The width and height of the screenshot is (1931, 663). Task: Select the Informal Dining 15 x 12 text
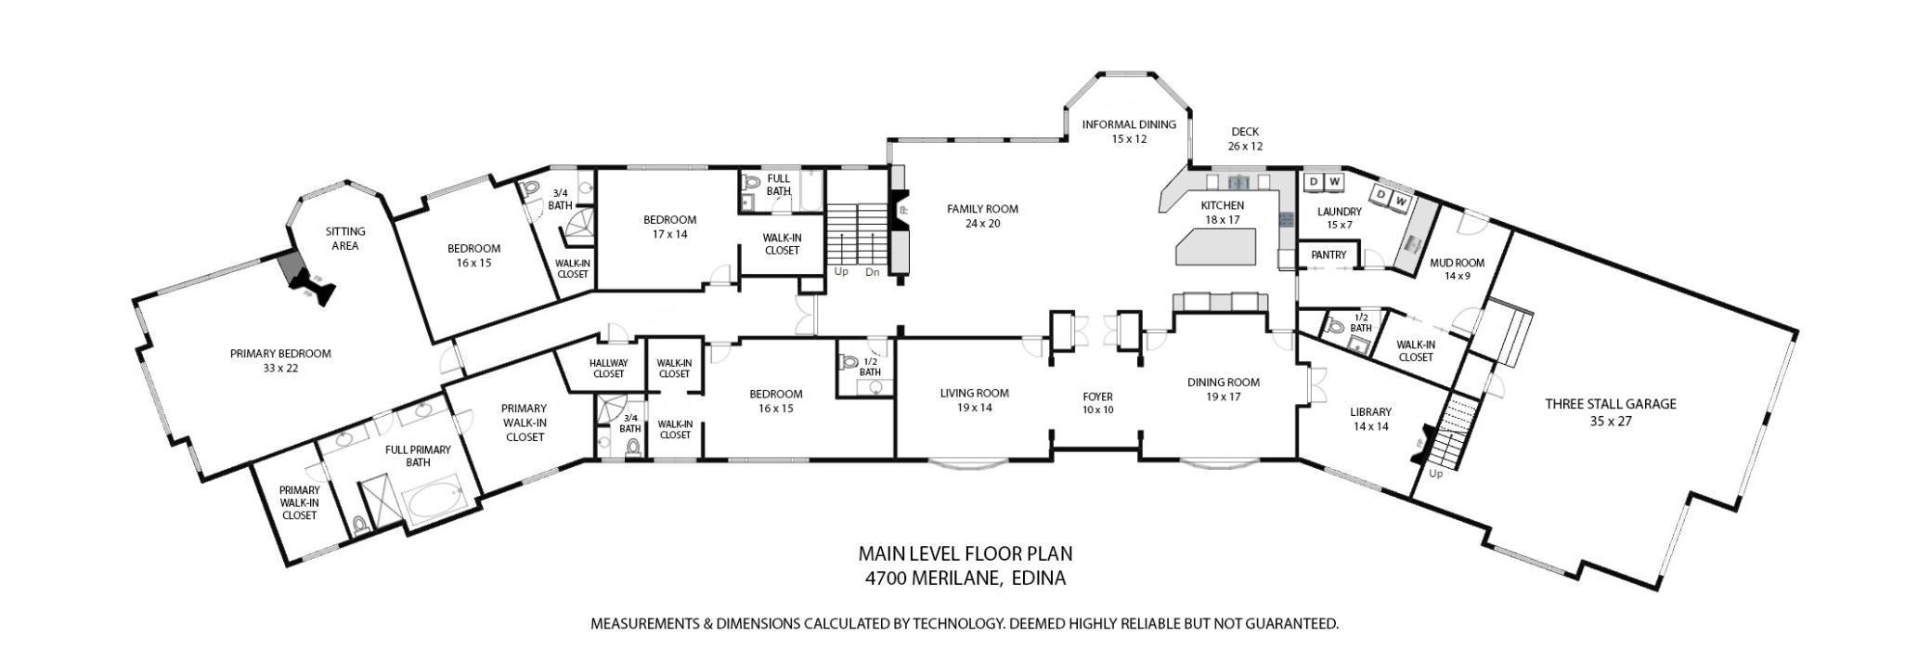(x=1128, y=132)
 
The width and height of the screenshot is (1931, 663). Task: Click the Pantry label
(x=1328, y=255)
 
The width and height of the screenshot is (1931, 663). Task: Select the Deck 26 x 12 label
(x=1245, y=139)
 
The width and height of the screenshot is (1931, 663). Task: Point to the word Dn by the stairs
(x=872, y=272)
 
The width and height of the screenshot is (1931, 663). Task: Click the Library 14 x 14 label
(x=1370, y=419)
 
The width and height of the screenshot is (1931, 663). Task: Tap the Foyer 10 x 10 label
(x=1097, y=403)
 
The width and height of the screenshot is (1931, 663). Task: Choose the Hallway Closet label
(x=608, y=369)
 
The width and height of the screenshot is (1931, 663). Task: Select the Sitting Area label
(x=344, y=239)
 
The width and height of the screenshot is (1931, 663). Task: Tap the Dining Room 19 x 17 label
(x=1223, y=389)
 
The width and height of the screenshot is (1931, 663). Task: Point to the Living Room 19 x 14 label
(x=974, y=400)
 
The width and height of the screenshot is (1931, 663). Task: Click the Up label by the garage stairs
(x=1435, y=474)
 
